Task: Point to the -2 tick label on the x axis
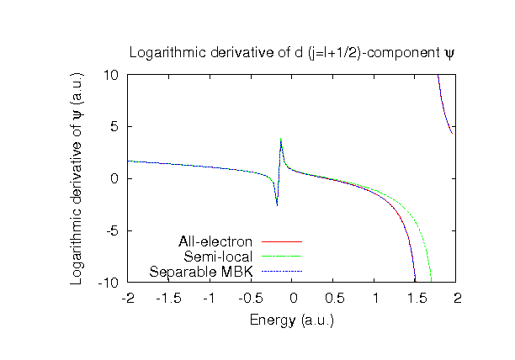coord(128,298)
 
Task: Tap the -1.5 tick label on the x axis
coord(168,298)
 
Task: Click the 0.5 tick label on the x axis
coord(333,298)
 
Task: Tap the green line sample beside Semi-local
coord(281,257)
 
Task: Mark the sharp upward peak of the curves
coord(281,140)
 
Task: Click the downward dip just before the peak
coord(276,204)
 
